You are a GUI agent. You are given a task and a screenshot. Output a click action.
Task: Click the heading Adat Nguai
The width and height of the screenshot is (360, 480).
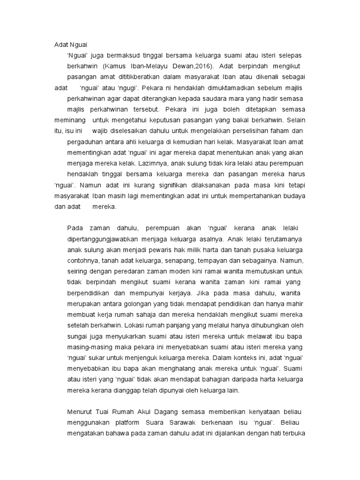(x=70, y=45)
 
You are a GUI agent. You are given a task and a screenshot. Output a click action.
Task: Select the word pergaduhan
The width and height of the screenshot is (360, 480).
(x=85, y=141)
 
